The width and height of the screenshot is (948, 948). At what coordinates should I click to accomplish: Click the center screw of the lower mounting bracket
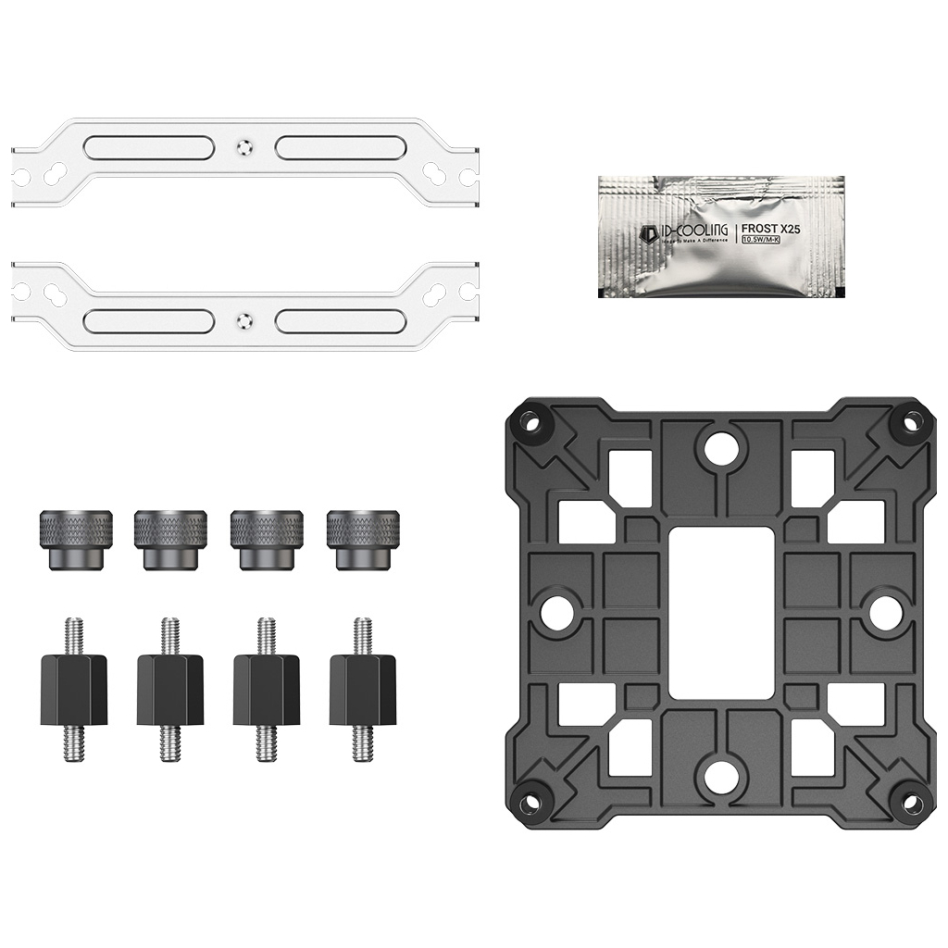[x=243, y=321]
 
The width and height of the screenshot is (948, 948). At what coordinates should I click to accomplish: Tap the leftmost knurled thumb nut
[x=76, y=538]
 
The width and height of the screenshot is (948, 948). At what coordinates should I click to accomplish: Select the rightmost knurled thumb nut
[x=362, y=538]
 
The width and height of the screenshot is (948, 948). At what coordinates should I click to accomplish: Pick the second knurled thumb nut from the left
[x=170, y=538]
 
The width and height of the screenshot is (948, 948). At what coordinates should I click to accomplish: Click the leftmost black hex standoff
[x=74, y=689]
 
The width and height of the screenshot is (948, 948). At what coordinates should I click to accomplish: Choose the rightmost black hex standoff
[x=362, y=689]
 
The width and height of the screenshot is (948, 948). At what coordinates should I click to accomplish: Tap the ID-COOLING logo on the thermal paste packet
[x=670, y=231]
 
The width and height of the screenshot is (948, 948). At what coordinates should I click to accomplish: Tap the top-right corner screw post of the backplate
[x=909, y=422]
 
